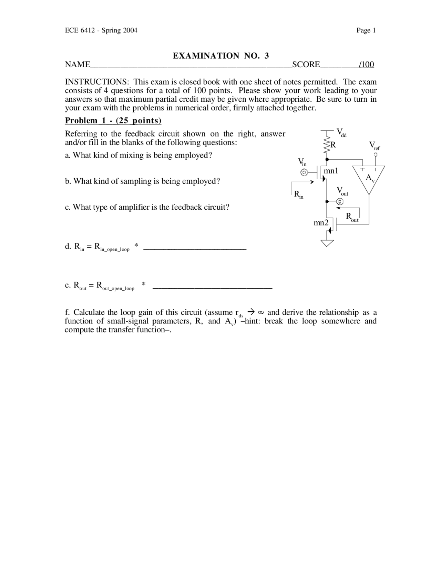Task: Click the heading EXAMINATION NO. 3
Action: (220, 56)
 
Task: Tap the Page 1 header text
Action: (366, 30)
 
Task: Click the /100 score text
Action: (366, 64)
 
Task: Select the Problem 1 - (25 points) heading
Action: (113, 120)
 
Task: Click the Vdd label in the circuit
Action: (341, 132)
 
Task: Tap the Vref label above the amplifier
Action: (374, 146)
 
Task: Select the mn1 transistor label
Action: (331, 171)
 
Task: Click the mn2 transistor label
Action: (321, 223)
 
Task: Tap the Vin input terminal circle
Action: (304, 172)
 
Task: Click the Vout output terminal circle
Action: (340, 201)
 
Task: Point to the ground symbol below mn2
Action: (327, 243)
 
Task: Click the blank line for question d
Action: (194, 249)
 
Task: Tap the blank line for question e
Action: (212, 287)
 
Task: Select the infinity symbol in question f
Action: (261, 312)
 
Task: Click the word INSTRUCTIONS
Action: (97, 82)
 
